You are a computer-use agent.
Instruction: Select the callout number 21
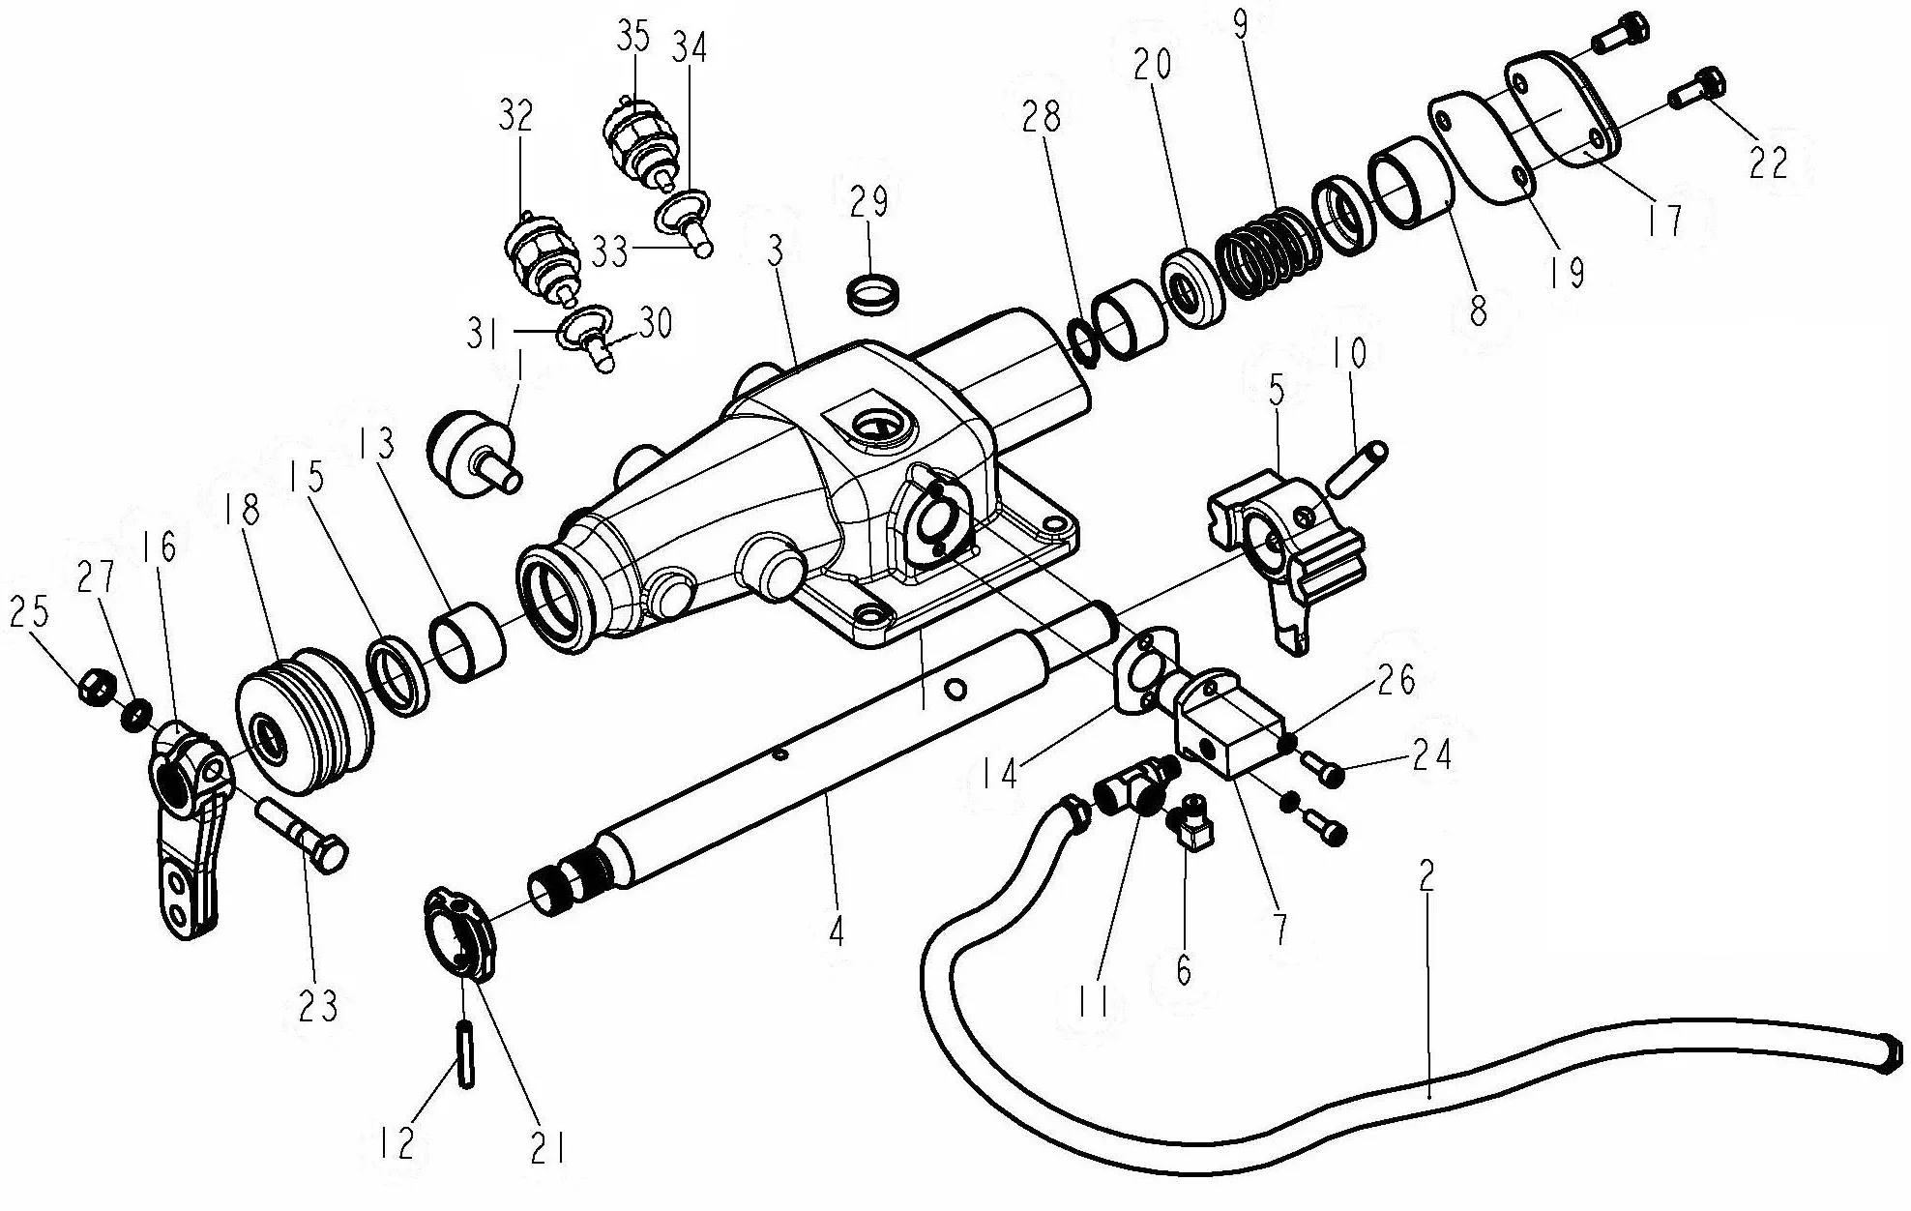pyautogui.click(x=547, y=1148)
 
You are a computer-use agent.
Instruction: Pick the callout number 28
pyautogui.click(x=1041, y=117)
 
